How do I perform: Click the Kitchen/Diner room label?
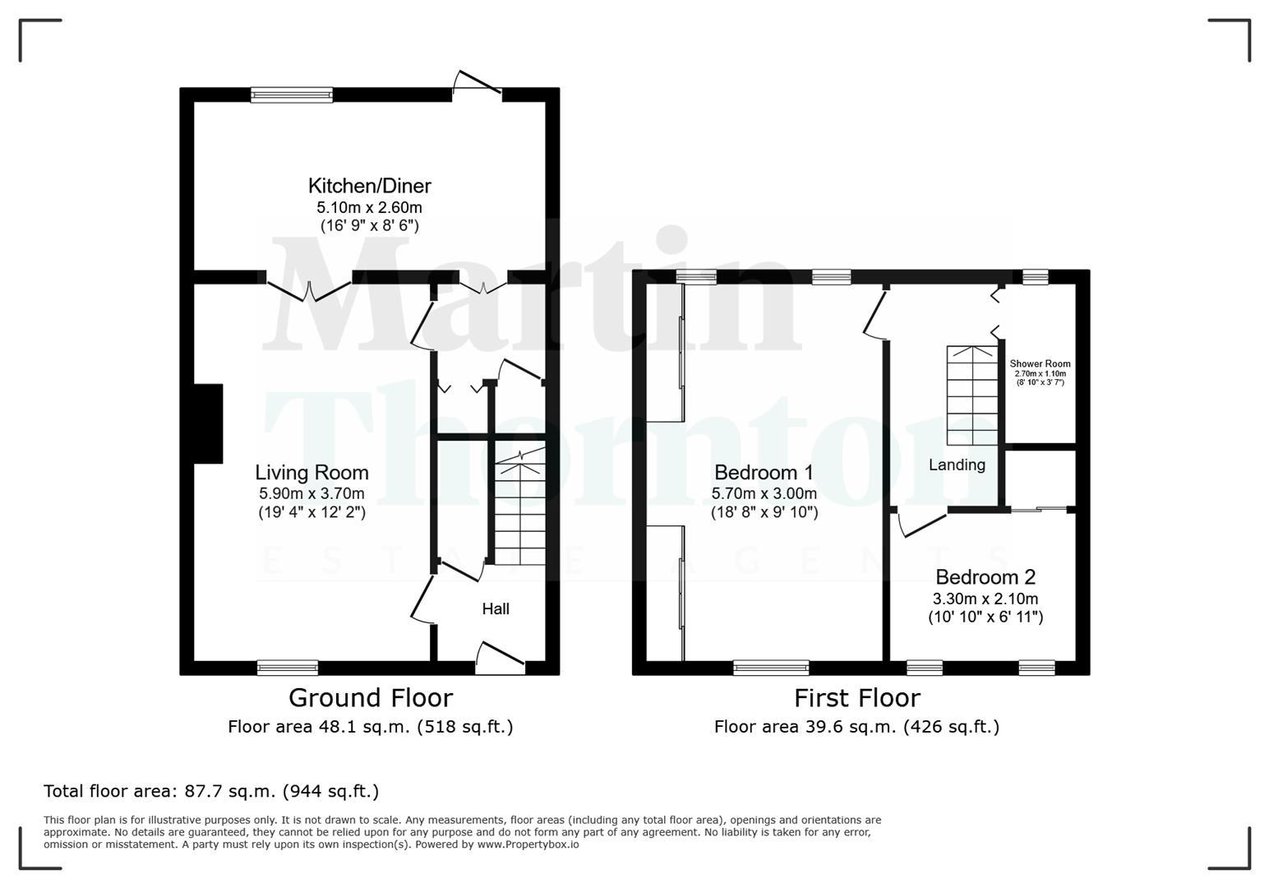[x=369, y=186]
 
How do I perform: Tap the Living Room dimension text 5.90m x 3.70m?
[x=311, y=493]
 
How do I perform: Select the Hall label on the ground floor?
[x=496, y=608]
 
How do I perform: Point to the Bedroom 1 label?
[x=764, y=473]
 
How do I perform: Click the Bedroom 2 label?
[x=985, y=577]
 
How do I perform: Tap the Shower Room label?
[x=1040, y=363]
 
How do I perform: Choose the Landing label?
[x=957, y=465]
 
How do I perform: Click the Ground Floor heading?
[x=371, y=698]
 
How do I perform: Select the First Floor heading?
[x=856, y=698]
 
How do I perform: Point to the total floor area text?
[x=211, y=791]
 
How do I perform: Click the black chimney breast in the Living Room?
[x=208, y=423]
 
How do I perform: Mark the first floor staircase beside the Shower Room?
[x=972, y=395]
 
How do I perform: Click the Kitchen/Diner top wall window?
[x=292, y=95]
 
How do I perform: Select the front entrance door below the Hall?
[x=500, y=658]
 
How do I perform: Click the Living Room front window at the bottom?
[x=288, y=668]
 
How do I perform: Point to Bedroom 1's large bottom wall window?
[x=771, y=668]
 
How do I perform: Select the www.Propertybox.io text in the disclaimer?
[x=528, y=844]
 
